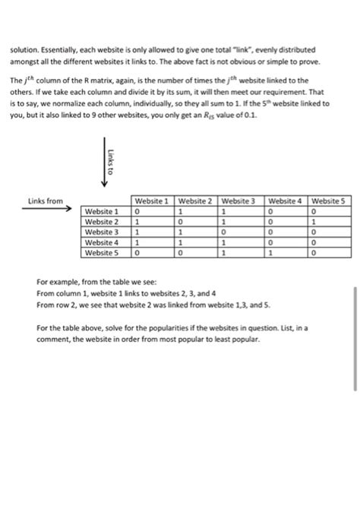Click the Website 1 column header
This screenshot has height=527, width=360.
point(152,201)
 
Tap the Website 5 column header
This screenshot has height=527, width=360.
point(329,201)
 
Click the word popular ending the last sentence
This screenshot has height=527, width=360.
point(247,339)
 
